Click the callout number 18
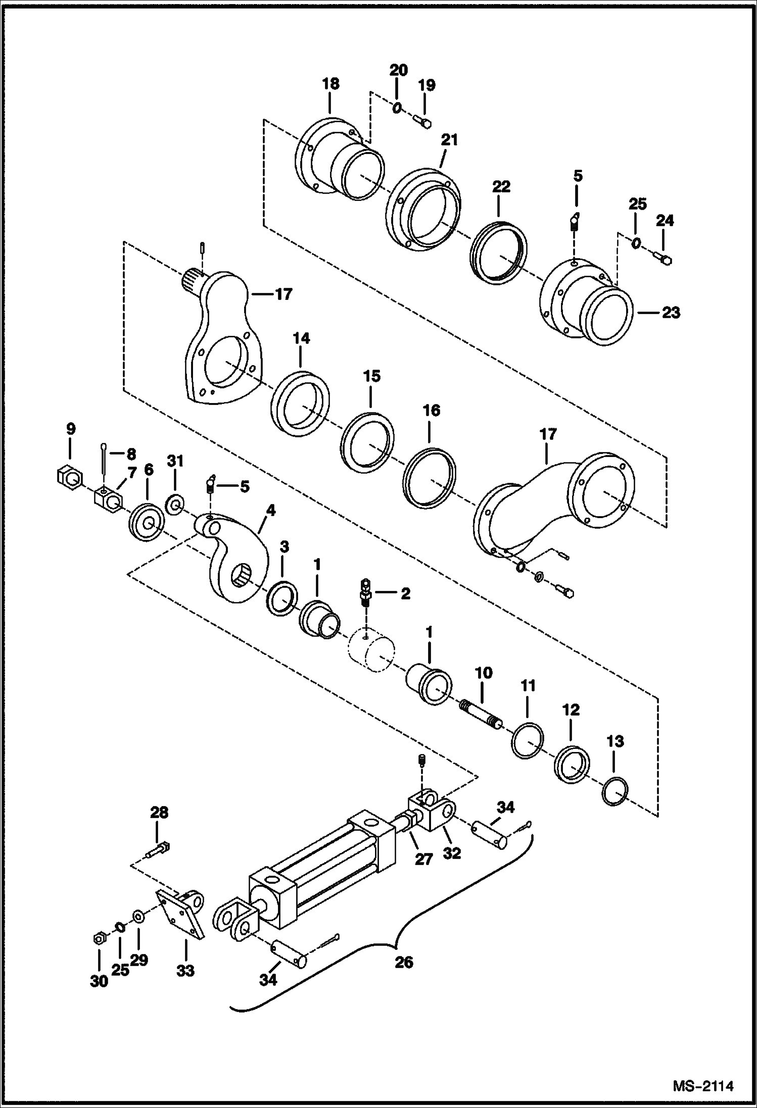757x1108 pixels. click(x=330, y=83)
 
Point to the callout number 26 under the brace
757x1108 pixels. click(x=404, y=963)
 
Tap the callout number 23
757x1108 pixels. click(x=671, y=313)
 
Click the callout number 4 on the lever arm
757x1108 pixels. click(x=271, y=511)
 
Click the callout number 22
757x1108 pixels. click(x=501, y=187)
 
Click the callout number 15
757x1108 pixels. click(x=371, y=377)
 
